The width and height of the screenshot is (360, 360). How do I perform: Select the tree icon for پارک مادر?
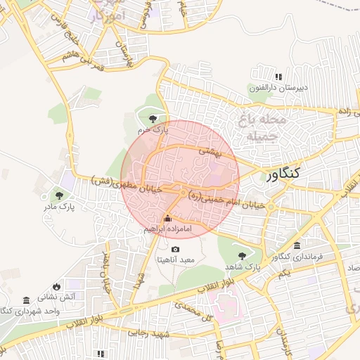click(x=58, y=195)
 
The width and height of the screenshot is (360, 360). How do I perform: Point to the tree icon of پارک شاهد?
click(x=243, y=256)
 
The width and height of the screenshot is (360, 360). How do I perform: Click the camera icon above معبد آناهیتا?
click(x=175, y=249)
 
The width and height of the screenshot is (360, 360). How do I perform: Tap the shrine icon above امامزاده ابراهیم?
click(x=167, y=217)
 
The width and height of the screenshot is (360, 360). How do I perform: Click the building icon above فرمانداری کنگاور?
click(x=297, y=246)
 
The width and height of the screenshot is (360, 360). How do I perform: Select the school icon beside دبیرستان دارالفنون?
click(x=278, y=77)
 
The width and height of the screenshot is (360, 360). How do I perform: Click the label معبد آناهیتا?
click(x=177, y=260)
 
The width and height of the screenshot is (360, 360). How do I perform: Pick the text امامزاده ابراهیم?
click(x=164, y=229)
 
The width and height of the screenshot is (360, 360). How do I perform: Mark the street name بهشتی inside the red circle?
click(x=209, y=150)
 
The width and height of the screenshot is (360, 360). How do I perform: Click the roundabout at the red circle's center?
click(x=183, y=193)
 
